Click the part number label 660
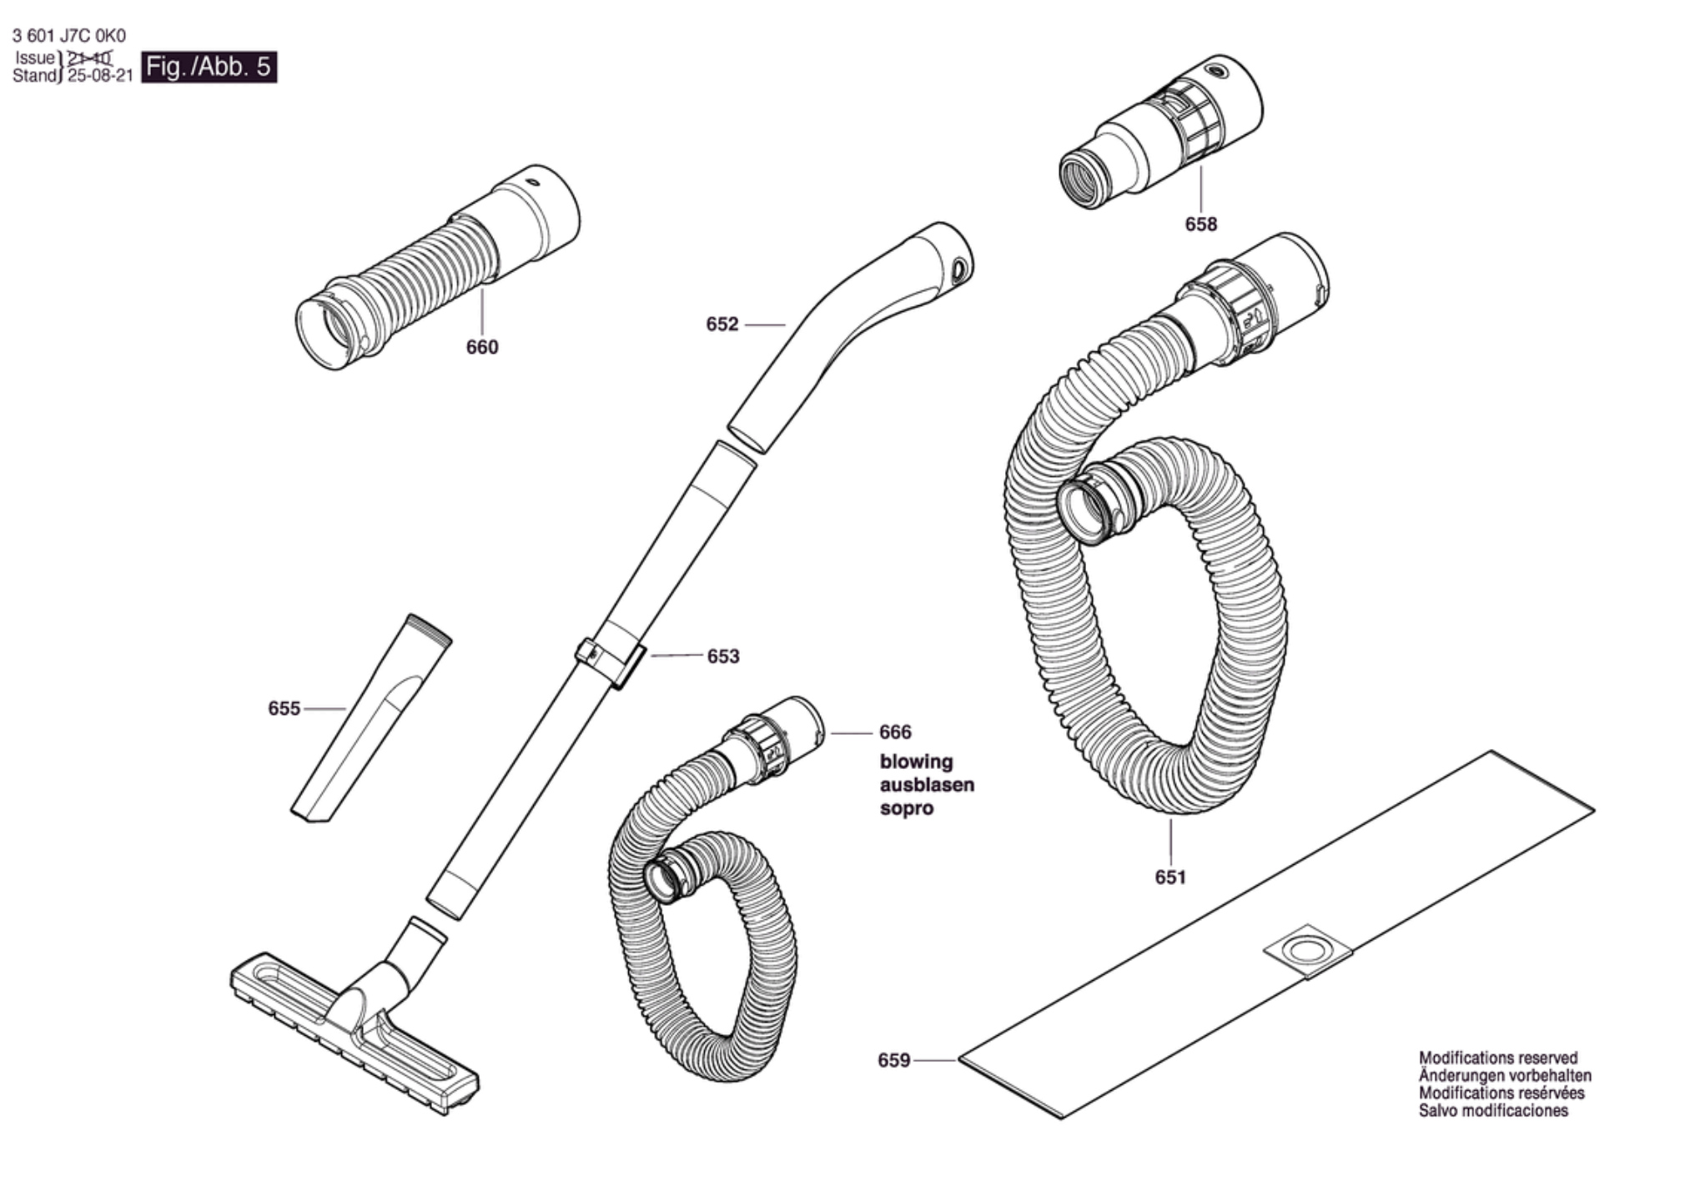pos(482,347)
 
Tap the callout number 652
pos(722,324)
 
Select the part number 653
pos(723,656)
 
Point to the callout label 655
pos(284,708)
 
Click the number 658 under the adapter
pos(1201,224)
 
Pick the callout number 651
pos(1170,877)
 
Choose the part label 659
pos(893,1060)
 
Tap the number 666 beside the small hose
pos(895,731)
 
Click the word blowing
pos(916,761)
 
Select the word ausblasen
pos(927,785)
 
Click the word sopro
pos(907,808)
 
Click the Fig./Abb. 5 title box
pos(209,67)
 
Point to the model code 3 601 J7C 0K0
pos(69,36)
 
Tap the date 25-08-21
pos(100,76)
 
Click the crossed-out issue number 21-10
pos(89,58)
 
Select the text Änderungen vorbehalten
pos(1505,1076)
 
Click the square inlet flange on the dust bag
pos(1307,952)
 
